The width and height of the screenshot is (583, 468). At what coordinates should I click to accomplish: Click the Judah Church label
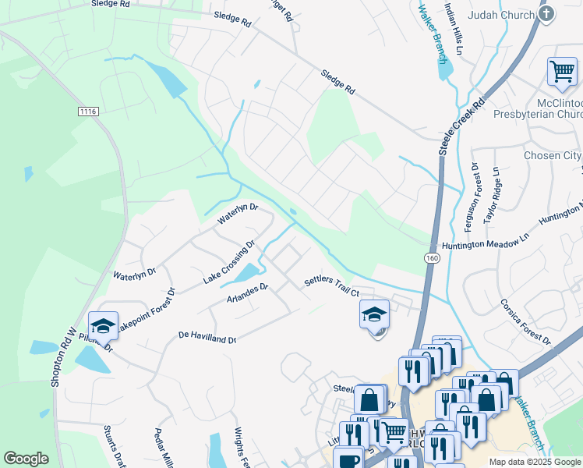[500, 15]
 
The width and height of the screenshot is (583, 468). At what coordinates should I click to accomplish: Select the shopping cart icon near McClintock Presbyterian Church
[562, 72]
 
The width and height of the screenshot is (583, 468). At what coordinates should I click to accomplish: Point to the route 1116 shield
[88, 112]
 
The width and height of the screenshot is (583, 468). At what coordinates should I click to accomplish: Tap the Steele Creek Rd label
[461, 126]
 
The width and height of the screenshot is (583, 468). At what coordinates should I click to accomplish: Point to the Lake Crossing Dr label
[229, 263]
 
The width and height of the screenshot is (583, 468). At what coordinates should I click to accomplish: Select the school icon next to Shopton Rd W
[103, 326]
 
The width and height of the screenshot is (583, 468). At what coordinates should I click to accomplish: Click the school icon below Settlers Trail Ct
[374, 315]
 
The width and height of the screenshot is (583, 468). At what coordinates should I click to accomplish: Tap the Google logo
[26, 459]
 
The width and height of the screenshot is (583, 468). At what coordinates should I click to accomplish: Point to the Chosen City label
[552, 155]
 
